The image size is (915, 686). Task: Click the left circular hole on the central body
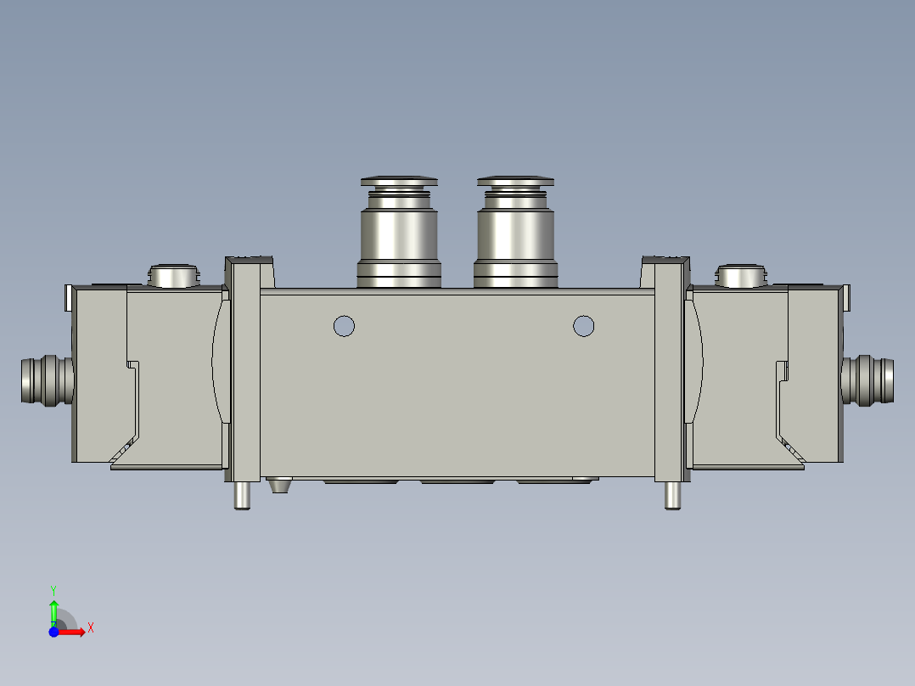[344, 325]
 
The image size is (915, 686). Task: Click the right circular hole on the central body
[583, 325]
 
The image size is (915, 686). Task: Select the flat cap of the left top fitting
[399, 181]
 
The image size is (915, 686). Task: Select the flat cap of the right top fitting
[515, 181]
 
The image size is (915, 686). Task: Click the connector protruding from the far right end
[867, 380]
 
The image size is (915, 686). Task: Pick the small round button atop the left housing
[173, 276]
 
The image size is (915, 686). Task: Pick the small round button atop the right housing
[742, 276]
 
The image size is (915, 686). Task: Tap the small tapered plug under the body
[278, 486]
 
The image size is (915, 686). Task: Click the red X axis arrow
[75, 631]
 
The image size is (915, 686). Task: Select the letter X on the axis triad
[91, 627]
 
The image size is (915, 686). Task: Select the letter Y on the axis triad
[53, 589]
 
